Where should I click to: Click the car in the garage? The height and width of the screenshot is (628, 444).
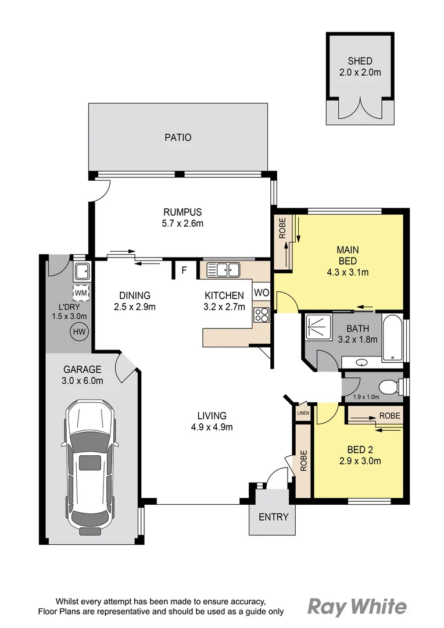(89, 467)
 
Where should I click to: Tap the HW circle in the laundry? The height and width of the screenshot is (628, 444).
(77, 332)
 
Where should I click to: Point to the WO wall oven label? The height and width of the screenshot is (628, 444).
(262, 292)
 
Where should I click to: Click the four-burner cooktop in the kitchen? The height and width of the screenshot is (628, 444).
(262, 315)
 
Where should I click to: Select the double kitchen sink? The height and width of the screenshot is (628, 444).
(224, 269)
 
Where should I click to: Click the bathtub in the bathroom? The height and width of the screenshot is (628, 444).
(393, 338)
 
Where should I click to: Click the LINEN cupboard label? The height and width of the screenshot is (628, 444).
(303, 413)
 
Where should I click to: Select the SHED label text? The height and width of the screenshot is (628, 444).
(360, 61)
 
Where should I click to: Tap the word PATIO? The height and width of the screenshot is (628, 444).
(177, 138)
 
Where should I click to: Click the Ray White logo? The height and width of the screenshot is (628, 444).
(357, 607)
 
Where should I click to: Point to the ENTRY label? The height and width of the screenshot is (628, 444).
(273, 517)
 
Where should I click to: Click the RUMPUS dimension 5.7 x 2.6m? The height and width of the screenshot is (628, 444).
(182, 223)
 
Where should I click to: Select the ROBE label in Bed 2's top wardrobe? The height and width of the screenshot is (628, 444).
(389, 416)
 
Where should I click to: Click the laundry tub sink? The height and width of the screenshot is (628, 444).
(81, 270)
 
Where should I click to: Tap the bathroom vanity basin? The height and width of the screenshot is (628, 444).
(362, 363)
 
